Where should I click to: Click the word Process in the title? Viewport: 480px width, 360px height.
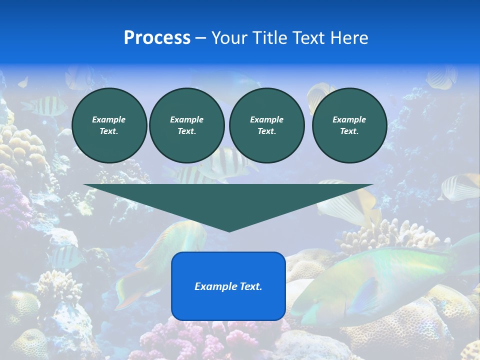157,38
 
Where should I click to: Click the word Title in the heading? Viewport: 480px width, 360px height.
269,38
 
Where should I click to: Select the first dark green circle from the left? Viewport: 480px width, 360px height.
109,125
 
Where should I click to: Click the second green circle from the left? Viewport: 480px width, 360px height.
186,125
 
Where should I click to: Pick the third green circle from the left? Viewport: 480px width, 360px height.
266,125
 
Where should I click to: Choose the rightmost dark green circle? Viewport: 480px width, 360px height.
349,125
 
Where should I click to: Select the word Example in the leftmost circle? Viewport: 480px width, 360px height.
109,119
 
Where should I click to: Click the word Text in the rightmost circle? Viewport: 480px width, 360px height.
349,131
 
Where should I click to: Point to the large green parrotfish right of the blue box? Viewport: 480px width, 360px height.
370,285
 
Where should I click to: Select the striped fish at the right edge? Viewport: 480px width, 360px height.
460,187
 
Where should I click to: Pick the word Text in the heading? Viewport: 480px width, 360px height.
305,38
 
